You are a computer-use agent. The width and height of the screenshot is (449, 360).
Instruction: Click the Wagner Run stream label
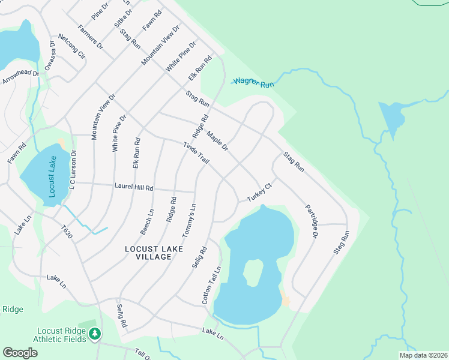point(253,82)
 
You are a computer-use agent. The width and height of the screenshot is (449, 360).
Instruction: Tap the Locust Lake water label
point(52,177)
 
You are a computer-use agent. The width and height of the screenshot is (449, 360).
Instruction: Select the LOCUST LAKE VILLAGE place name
point(148,252)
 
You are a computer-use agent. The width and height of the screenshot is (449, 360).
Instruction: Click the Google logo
point(20,353)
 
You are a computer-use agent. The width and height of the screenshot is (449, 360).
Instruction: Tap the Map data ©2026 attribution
point(423,355)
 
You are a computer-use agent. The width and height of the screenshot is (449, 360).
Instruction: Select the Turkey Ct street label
point(260,193)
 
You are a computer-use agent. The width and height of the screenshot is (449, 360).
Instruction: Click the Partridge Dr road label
point(310,220)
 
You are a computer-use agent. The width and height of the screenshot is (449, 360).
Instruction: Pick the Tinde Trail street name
point(196,154)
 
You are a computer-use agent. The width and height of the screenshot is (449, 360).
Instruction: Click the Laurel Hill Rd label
point(133,188)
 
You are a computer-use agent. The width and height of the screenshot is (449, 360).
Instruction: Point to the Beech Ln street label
point(147,221)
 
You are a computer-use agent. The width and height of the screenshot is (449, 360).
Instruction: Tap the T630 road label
point(67,232)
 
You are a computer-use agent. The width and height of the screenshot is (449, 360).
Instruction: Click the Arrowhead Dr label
point(20,76)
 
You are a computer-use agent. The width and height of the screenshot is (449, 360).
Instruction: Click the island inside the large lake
point(253,273)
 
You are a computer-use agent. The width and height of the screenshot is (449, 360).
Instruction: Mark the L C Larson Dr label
point(72,172)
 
